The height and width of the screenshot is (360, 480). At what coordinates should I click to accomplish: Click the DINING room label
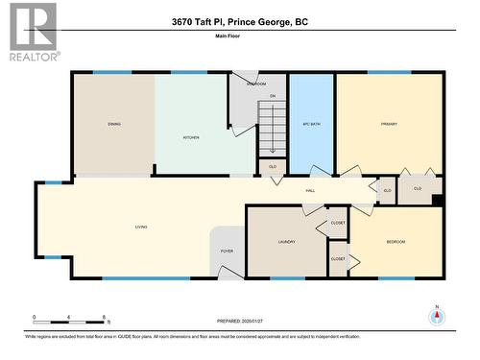114,124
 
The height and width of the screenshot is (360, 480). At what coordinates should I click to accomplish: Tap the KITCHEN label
192,137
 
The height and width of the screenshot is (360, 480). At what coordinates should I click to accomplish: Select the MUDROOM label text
256,84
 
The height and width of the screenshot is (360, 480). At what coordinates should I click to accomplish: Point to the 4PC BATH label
311,124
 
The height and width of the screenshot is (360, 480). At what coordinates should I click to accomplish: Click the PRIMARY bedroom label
389,124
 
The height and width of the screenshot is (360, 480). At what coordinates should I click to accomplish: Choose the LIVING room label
140,228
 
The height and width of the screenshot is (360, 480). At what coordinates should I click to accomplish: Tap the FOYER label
228,251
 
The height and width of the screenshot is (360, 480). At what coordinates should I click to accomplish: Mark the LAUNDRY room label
286,242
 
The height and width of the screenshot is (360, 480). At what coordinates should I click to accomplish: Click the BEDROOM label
396,242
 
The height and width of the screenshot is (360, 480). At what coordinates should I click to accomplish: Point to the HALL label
310,191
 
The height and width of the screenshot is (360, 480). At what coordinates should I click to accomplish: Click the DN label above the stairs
273,96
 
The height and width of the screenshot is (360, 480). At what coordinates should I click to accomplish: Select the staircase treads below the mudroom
272,130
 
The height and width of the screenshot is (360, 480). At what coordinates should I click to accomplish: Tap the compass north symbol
437,316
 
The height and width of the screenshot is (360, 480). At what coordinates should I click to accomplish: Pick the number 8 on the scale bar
103,317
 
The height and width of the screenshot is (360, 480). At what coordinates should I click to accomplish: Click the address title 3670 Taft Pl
240,21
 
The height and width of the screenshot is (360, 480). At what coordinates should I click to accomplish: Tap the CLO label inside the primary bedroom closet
418,188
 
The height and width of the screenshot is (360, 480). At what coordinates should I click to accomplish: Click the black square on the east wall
437,201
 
